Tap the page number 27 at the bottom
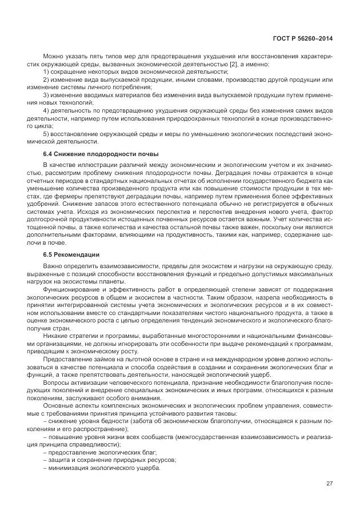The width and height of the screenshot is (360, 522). (x=329, y=483)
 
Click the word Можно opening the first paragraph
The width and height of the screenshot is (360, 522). (x=53, y=57)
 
